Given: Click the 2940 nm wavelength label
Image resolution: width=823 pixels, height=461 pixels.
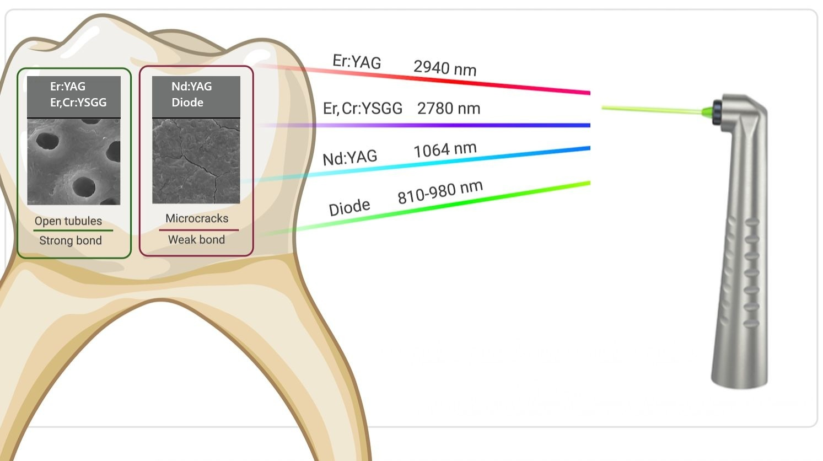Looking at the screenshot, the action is coord(445,68).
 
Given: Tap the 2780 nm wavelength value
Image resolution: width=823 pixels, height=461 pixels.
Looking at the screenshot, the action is coord(448,108).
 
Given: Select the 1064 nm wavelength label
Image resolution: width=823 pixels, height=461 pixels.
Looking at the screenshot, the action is coord(445,149).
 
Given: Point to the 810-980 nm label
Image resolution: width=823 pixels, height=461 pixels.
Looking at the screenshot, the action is coord(440,192).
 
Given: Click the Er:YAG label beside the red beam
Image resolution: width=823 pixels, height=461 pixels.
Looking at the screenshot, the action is coord(357,62).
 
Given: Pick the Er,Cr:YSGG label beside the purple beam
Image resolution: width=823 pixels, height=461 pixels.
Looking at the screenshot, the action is coord(362,108).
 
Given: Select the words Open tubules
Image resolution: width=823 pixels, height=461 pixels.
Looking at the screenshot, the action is coord(68,221).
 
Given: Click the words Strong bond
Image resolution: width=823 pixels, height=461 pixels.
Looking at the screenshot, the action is coord(71,240).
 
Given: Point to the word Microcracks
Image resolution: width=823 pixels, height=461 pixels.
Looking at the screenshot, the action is coord(197,218).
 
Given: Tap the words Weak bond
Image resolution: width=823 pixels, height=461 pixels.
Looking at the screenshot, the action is coord(196,239).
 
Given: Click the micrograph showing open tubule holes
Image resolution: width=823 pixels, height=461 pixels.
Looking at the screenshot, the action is coord(74,162).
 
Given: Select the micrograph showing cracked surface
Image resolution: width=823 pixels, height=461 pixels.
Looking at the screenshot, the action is coord(196,161).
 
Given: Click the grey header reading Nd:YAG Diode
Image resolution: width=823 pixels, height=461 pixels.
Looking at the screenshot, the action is coord(196,97).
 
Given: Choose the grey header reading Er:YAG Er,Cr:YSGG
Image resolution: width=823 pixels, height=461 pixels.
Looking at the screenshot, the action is coord(74,97).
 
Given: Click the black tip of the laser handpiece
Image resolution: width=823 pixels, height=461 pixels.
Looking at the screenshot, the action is coord(717,112).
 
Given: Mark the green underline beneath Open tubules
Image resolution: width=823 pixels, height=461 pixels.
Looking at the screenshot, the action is coord(73,230).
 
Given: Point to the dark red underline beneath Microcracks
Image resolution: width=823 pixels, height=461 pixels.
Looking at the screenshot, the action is coord(198,229).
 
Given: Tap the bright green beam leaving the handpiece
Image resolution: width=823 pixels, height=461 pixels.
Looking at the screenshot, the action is coord(650,110).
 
